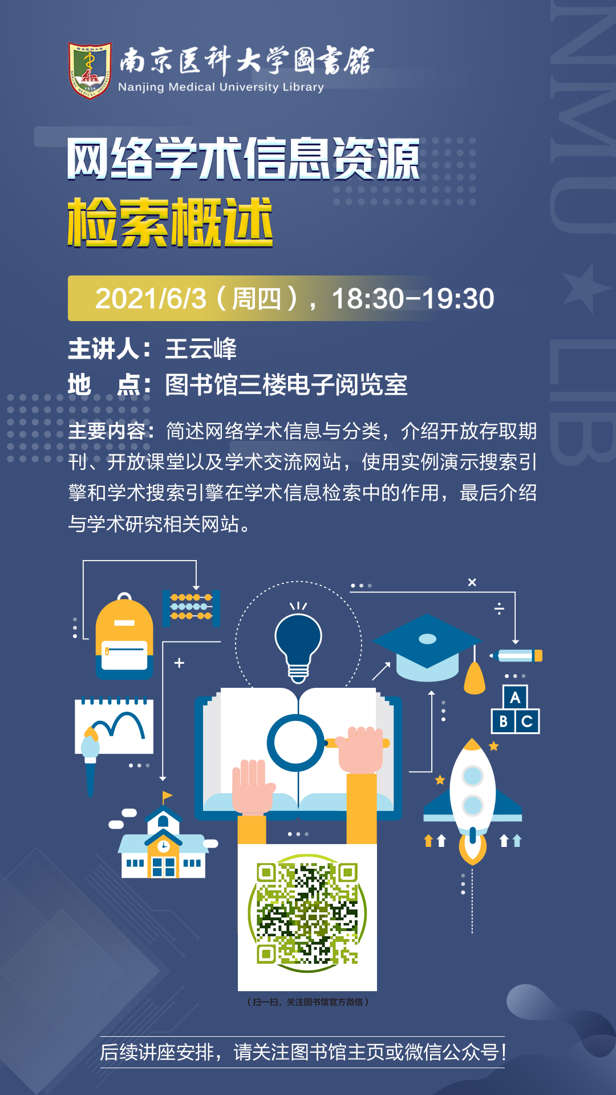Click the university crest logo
pos(90,70)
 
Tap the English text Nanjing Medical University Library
pos(221,87)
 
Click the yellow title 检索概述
pos(170,222)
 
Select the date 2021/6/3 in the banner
pos(151,298)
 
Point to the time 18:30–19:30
pos(413,298)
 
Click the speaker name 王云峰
pos(201,349)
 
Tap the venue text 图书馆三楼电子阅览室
pos(286,385)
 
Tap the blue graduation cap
pos(427,647)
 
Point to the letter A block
pos(515,697)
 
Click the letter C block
pos(528,721)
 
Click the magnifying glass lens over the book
pos(295,743)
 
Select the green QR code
pos(307,913)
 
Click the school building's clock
pos(164,845)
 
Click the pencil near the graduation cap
pos(516,656)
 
